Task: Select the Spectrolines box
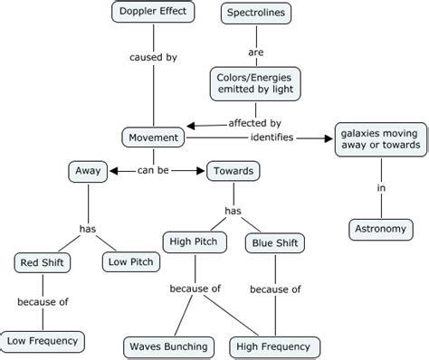tap(255, 13)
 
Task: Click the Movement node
tap(153, 137)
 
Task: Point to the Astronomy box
tap(379, 229)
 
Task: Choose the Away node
tap(88, 169)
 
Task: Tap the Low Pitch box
tap(130, 262)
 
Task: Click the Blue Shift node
tap(274, 242)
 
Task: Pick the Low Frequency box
tap(43, 341)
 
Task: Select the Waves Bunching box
tap(167, 346)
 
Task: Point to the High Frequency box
tap(272, 346)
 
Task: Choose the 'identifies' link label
tap(272, 137)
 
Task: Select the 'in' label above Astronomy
tap(379, 187)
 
